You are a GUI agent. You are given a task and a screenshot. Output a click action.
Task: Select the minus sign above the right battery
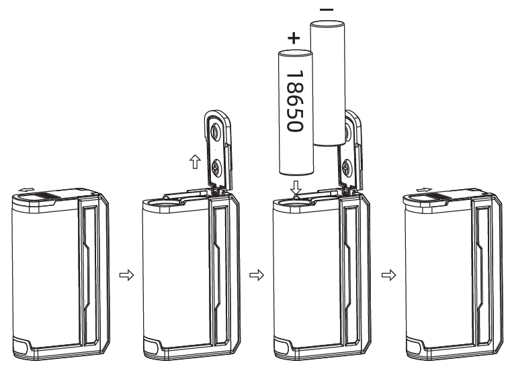(x=326, y=10)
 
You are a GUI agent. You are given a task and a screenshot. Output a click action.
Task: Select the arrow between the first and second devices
(x=123, y=275)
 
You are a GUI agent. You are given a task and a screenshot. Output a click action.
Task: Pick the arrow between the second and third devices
(x=254, y=275)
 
